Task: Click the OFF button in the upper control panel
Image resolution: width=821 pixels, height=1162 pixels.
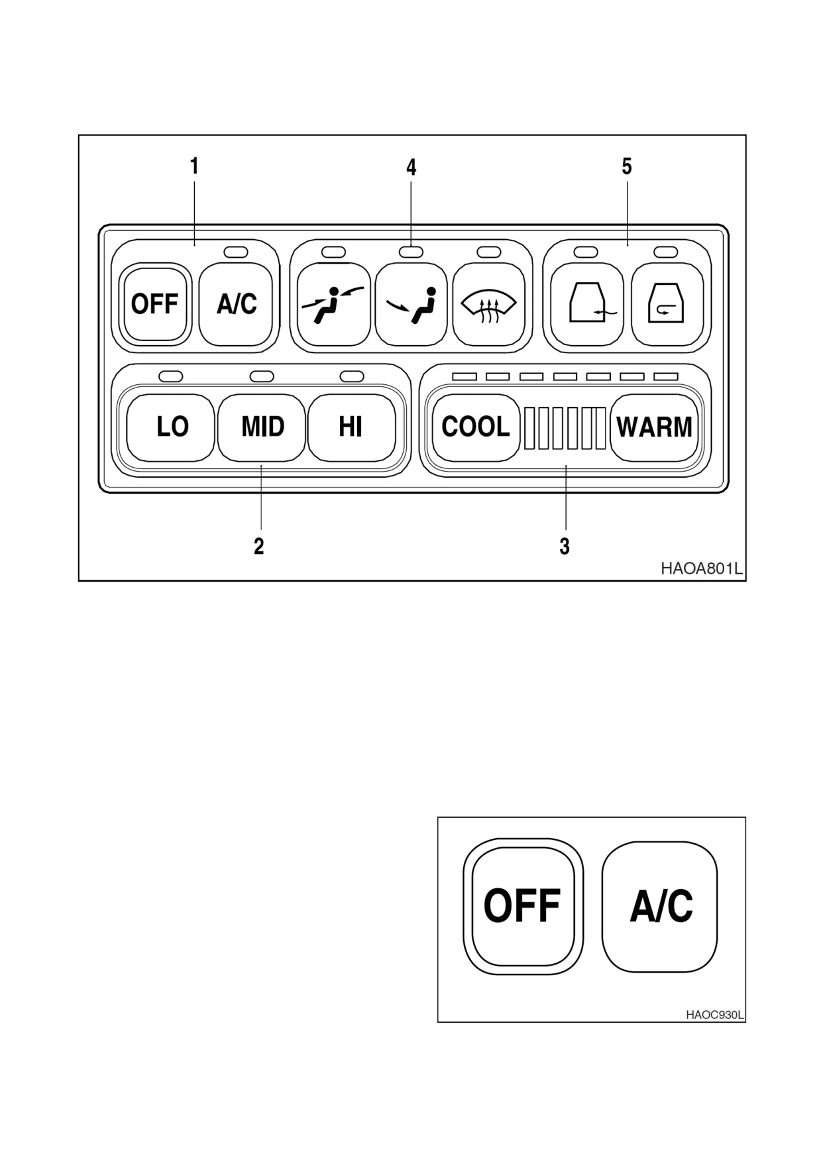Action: [x=155, y=304]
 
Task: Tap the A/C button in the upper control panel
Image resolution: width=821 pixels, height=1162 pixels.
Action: [x=236, y=304]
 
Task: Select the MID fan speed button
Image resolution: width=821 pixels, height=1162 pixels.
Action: [x=262, y=427]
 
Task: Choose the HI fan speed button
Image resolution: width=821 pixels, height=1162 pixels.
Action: [x=351, y=427]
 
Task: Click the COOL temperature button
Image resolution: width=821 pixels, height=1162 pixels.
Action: [x=476, y=427]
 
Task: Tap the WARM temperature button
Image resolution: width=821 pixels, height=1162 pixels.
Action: [x=654, y=427]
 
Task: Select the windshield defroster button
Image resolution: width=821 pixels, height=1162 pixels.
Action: [x=489, y=304]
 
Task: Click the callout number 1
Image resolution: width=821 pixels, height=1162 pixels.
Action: [x=194, y=166]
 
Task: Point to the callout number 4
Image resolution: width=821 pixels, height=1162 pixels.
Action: [x=411, y=167]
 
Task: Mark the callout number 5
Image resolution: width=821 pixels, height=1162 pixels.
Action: [x=627, y=166]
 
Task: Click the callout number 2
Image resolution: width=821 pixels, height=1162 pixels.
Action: [x=259, y=546]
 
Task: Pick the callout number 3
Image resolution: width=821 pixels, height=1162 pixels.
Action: [x=565, y=546]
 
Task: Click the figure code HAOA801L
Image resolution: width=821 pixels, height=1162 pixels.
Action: [x=701, y=568]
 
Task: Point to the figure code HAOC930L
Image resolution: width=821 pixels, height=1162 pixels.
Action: [x=714, y=1015]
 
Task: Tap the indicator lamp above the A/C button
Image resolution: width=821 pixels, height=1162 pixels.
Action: [x=236, y=252]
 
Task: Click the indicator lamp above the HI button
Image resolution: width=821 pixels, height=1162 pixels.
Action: [x=352, y=376]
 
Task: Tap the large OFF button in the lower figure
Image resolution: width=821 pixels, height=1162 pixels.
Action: [x=523, y=906]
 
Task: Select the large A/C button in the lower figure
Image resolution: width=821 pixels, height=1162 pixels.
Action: [x=660, y=906]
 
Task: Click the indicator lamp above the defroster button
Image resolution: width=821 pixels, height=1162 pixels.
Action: [x=489, y=252]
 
